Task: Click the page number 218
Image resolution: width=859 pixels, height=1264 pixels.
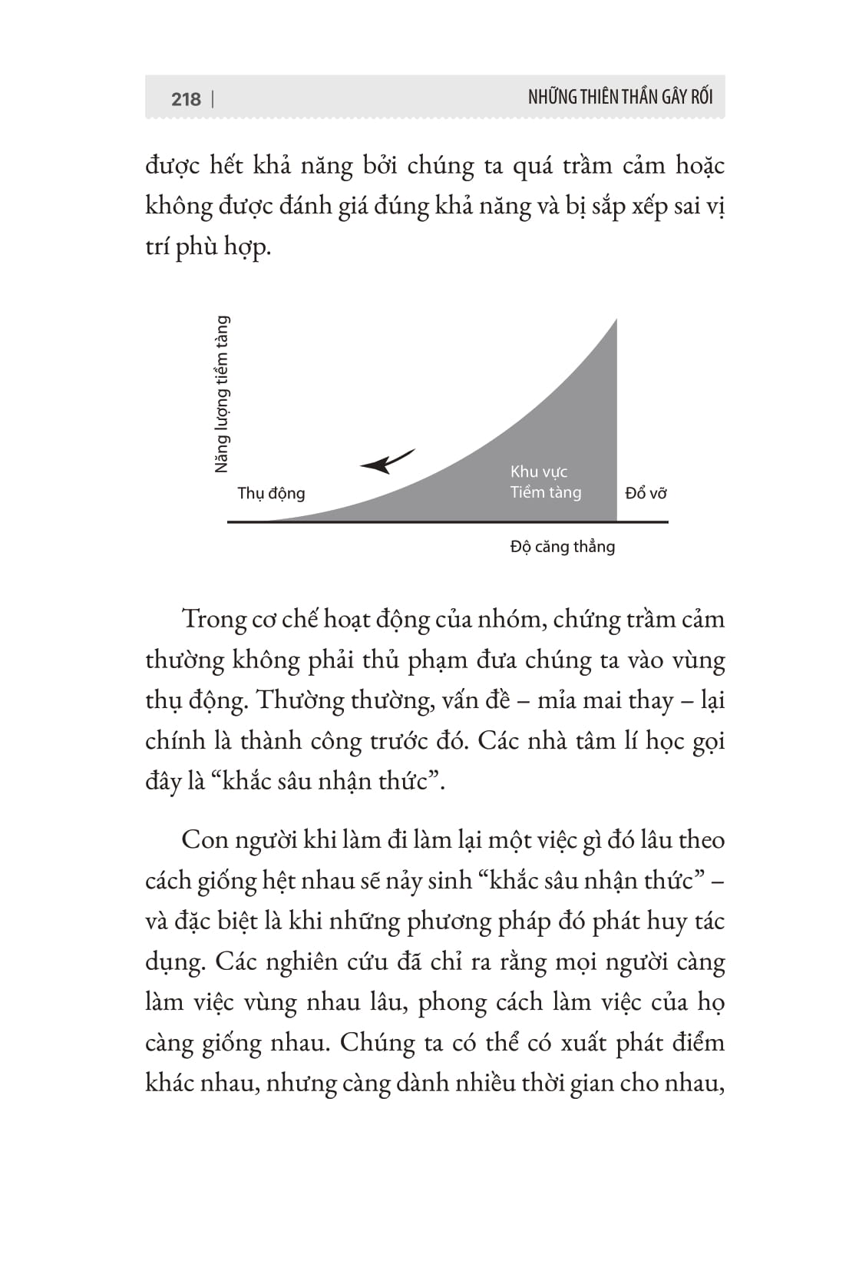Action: pos(186,99)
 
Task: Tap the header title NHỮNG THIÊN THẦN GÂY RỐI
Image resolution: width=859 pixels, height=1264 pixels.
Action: pos(620,97)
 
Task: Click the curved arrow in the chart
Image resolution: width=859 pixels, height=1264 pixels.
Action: pos(387,461)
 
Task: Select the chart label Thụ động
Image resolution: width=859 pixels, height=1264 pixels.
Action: pos(271,493)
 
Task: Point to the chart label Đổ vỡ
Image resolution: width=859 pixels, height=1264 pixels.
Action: pos(646,493)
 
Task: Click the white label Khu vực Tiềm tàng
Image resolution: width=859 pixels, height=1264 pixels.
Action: pos(545,482)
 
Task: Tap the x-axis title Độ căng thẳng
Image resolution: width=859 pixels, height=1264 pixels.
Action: pos(563,547)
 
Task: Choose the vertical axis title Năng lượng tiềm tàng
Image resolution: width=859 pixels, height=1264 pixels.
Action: pos(222,394)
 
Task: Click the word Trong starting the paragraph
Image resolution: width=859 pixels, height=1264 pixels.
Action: pos(213,619)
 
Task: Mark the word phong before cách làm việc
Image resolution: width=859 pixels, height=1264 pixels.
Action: pos(452,1002)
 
